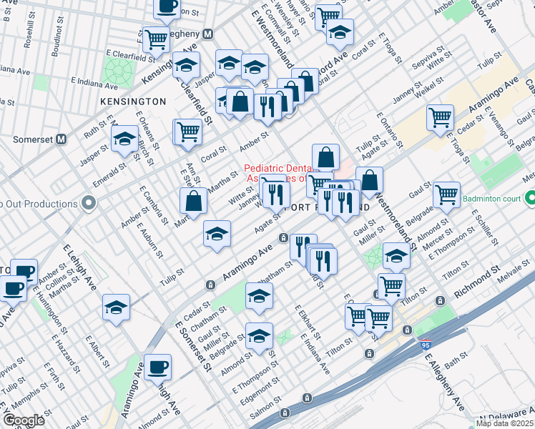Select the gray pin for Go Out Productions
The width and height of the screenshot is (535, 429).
coord(89,204)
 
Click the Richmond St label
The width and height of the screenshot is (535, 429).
coord(474,282)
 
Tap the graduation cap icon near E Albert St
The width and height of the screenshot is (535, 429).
coord(116,307)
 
